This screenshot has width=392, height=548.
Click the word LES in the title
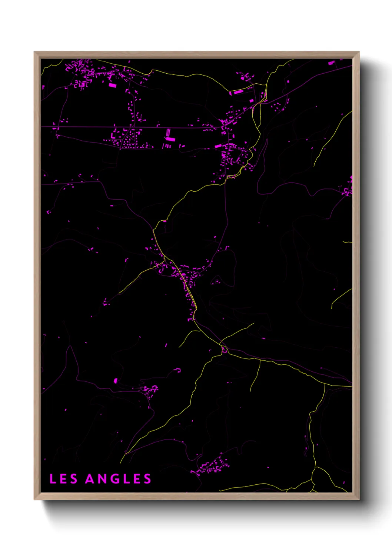[x=63, y=479]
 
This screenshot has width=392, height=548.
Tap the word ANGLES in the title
[x=118, y=479]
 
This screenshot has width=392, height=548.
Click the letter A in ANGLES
[x=90, y=479]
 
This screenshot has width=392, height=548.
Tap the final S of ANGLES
[x=147, y=479]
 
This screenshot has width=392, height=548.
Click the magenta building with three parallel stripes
[x=168, y=132]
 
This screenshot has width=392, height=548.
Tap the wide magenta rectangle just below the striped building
[x=170, y=139]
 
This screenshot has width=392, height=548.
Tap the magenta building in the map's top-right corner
[x=331, y=63]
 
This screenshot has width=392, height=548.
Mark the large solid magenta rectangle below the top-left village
[x=112, y=85]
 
